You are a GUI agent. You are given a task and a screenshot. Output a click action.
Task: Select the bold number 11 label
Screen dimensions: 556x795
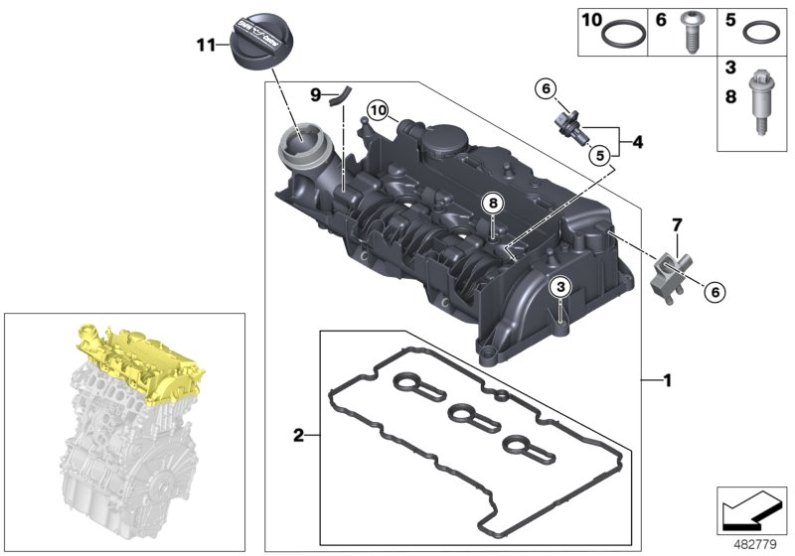click(x=205, y=44)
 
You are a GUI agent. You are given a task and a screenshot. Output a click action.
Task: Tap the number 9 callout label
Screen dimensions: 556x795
click(x=315, y=95)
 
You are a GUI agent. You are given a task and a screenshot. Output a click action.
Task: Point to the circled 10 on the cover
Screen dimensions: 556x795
click(x=377, y=109)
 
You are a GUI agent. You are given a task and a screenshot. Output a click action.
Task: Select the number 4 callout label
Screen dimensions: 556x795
click(x=638, y=142)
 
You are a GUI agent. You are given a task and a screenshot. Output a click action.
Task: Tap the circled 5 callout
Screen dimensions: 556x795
click(x=596, y=155)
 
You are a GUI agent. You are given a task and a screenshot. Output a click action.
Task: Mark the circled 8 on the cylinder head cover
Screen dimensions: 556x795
click(x=491, y=204)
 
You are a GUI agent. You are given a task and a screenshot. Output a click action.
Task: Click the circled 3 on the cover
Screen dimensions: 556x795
click(x=561, y=286)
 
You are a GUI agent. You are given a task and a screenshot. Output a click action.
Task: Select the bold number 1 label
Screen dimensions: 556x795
click(x=668, y=378)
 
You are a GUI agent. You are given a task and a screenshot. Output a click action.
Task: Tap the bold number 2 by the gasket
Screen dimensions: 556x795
click(x=297, y=435)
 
